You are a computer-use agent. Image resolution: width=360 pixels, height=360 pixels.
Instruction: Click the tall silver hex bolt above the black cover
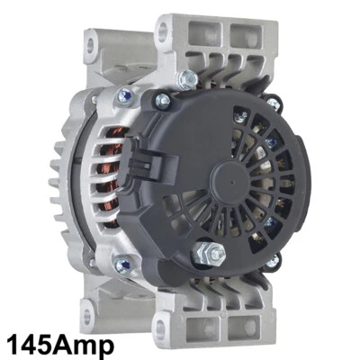187,80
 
